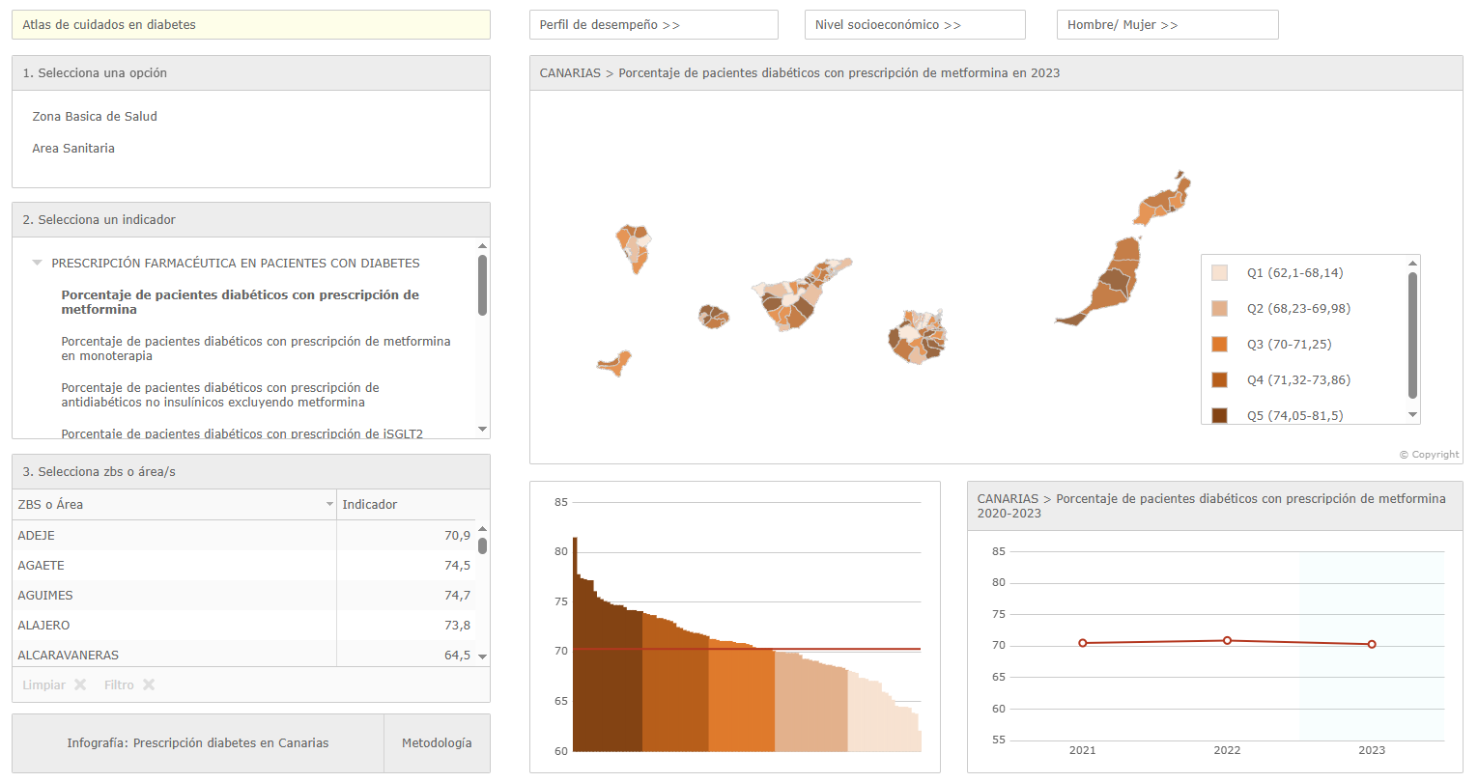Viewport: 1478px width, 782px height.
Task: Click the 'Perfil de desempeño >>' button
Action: click(x=653, y=25)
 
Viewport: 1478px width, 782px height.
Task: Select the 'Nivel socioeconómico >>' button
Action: click(x=914, y=25)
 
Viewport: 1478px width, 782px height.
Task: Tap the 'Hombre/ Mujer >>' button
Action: click(x=1167, y=25)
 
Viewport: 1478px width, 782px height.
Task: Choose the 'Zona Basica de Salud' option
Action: click(x=95, y=117)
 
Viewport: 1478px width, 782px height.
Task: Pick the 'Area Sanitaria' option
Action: click(x=73, y=149)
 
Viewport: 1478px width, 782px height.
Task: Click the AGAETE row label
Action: click(x=42, y=566)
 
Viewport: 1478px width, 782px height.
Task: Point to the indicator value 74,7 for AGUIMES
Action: click(x=457, y=596)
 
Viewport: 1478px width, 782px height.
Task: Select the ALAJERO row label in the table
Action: click(x=44, y=626)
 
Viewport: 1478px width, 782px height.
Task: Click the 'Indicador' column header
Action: click(x=370, y=505)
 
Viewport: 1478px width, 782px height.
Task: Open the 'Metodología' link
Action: click(x=437, y=743)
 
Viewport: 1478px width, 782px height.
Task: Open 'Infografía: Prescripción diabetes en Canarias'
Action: click(x=198, y=743)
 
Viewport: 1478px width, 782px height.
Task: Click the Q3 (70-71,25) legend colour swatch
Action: click(x=1220, y=345)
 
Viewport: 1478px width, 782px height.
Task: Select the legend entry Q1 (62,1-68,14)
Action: click(x=1294, y=273)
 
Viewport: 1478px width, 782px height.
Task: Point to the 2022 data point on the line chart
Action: click(x=1227, y=641)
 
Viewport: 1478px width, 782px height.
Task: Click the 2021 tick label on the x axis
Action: click(x=1082, y=750)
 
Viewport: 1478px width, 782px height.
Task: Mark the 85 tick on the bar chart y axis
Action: click(x=561, y=502)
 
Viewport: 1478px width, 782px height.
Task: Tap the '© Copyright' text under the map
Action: click(x=1429, y=455)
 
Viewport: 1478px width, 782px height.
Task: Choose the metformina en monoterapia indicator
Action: click(x=255, y=349)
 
